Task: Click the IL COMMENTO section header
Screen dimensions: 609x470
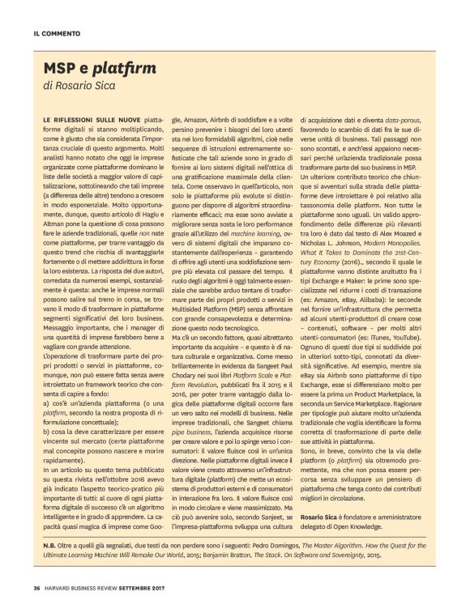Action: pyautogui.click(x=56, y=34)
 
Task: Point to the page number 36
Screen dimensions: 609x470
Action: pyautogui.click(x=36, y=588)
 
